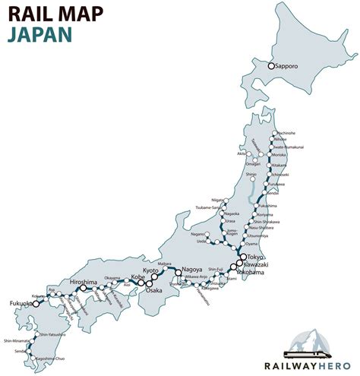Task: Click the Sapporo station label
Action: point(288,66)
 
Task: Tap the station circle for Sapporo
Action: point(270,66)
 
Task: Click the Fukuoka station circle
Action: point(36,304)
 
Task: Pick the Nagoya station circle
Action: point(178,272)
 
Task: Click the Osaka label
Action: point(154,290)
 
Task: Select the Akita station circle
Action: point(252,152)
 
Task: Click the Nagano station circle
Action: point(211,234)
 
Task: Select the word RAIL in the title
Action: point(29,14)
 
